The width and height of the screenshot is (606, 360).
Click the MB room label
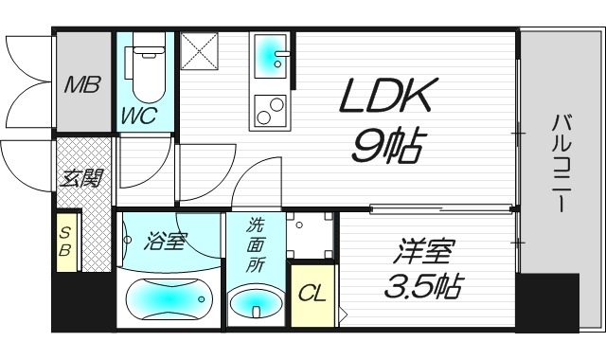tap(82, 85)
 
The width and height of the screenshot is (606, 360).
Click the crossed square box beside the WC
tap(201, 51)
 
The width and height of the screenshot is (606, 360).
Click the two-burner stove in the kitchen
tap(268, 111)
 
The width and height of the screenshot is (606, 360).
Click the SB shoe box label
tap(66, 242)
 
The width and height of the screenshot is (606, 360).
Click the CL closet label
tap(312, 294)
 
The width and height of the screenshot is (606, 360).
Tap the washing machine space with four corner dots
tap(311, 235)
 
